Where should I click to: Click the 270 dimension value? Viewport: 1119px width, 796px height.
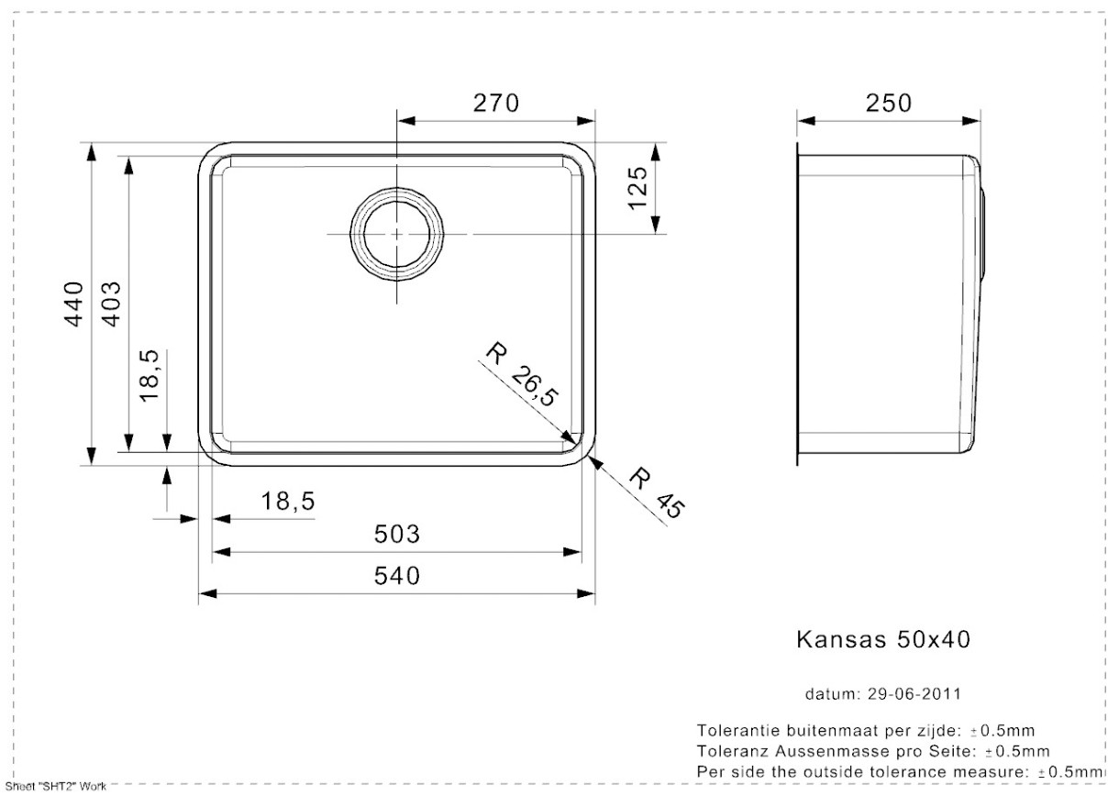coord(496,104)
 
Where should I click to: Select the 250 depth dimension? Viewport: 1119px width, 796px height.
coord(889,104)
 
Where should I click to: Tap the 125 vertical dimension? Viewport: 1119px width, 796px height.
coord(637,188)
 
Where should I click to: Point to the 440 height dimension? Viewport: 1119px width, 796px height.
coord(74,304)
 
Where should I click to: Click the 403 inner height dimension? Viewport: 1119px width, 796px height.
coord(112,304)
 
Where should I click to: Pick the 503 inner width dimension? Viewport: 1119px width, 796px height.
coord(397,535)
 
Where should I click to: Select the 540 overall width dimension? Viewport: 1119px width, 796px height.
coord(397,576)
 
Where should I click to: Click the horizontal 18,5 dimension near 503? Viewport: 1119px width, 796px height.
coord(288,502)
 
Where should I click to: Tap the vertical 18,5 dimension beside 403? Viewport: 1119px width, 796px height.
coord(150,376)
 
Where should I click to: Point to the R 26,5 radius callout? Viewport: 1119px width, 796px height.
coord(522,374)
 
